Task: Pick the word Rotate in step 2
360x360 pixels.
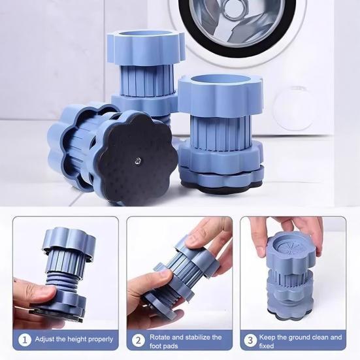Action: (163, 337)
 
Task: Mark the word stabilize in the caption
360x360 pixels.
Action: (200, 337)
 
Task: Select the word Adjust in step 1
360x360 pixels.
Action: (44, 338)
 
